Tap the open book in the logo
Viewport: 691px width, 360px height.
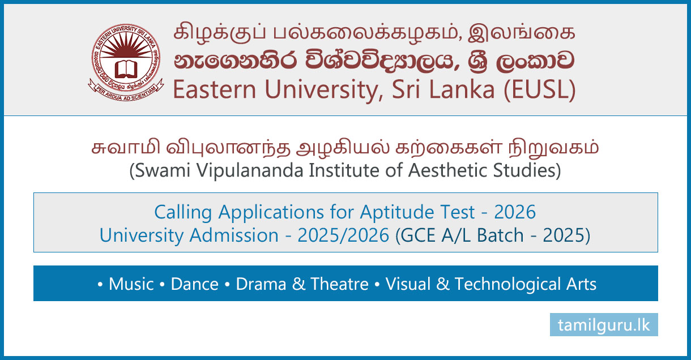(126, 70)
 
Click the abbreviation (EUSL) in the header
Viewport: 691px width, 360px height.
(540, 90)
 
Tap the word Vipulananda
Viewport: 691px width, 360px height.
(250, 171)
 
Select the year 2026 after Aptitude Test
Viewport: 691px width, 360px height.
(515, 212)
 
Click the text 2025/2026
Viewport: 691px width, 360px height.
(343, 235)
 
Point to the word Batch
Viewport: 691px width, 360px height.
(500, 235)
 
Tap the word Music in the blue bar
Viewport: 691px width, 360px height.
(131, 284)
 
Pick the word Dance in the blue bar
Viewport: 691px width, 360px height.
(195, 284)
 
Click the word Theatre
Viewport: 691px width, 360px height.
(339, 284)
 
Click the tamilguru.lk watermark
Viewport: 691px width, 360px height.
(604, 325)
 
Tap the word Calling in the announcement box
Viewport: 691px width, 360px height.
(183, 213)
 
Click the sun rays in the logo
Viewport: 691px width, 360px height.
(126, 46)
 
